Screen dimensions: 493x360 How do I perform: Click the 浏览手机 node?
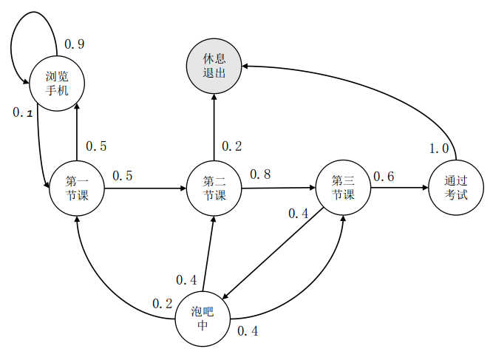point(57,84)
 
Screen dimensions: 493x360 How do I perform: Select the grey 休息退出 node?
point(214,66)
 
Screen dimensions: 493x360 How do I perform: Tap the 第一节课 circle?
point(77,189)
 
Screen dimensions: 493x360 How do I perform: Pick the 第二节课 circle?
point(214,189)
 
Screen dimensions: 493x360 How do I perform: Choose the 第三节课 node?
point(343,188)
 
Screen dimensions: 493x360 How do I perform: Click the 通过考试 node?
point(456,188)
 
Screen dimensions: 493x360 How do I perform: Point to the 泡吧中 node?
point(203,319)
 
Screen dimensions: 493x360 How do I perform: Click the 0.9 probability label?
point(75,44)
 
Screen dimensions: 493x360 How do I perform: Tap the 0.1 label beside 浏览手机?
point(23,112)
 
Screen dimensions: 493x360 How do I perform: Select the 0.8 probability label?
point(260,174)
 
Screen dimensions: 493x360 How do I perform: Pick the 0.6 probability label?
point(384,177)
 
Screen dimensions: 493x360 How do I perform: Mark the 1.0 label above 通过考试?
point(439,149)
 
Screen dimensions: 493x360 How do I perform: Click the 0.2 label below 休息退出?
point(232,146)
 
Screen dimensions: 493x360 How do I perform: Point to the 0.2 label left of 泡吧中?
point(162,304)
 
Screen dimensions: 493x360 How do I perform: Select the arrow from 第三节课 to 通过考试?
point(400,188)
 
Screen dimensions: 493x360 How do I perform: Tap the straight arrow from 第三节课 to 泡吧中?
point(273,253)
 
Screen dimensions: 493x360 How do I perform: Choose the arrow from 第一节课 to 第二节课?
point(146,189)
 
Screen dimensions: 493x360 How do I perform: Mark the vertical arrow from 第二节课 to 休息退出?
point(214,127)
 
